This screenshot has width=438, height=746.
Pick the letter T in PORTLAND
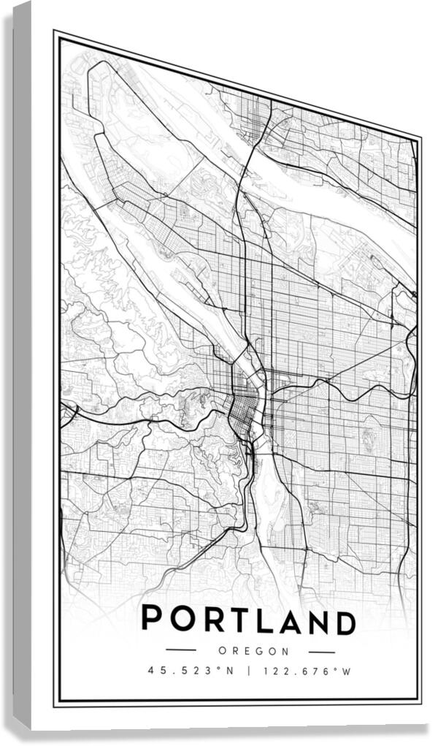pos(237,620)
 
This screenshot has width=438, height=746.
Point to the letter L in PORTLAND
pos(263,620)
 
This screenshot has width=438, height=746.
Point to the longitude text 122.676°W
pos(307,671)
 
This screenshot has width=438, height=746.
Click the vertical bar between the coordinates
pos(248,670)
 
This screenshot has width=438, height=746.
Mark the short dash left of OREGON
pos(181,649)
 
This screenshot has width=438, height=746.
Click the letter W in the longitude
pos(347,671)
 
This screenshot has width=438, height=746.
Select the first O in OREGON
pos(221,650)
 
